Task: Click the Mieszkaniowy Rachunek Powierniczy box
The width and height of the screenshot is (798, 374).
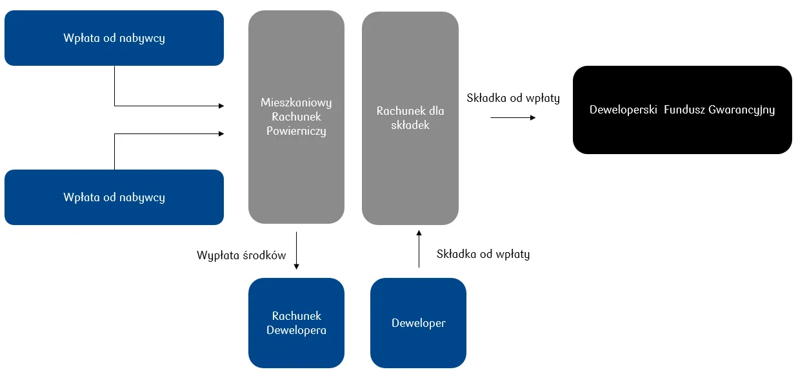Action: pyautogui.click(x=296, y=117)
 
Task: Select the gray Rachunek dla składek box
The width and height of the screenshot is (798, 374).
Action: pyautogui.click(x=410, y=117)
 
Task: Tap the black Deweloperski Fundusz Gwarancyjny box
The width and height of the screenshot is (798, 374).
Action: pyautogui.click(x=682, y=110)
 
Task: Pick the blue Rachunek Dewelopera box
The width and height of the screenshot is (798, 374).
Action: pyautogui.click(x=296, y=322)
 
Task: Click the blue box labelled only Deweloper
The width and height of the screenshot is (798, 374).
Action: pyautogui.click(x=418, y=322)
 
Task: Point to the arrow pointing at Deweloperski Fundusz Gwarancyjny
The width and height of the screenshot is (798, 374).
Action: pyautogui.click(x=513, y=117)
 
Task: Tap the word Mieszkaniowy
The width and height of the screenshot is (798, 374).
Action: pyautogui.click(x=296, y=103)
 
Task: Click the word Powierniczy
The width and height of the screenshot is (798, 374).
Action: pyautogui.click(x=296, y=131)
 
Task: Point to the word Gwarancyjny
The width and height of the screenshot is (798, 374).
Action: pyautogui.click(x=741, y=110)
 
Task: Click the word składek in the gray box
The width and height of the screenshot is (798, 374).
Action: pyautogui.click(x=410, y=125)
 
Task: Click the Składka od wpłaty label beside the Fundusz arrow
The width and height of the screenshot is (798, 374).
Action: pyautogui.click(x=513, y=99)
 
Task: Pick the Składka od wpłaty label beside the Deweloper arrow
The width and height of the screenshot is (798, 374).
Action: pyautogui.click(x=483, y=254)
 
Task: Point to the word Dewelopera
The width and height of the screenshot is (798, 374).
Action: pyautogui.click(x=296, y=330)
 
